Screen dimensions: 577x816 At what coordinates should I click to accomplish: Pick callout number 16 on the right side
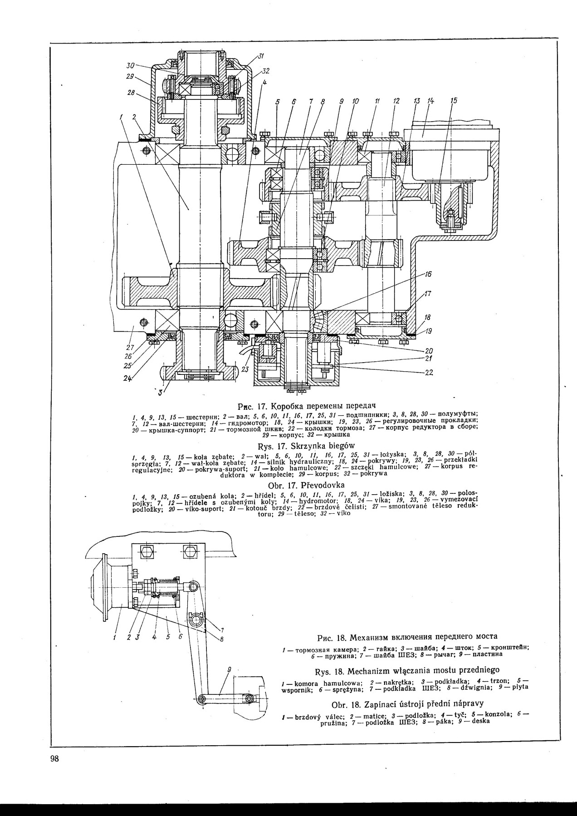pyautogui.click(x=428, y=274)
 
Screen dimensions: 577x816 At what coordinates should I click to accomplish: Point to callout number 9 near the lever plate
pyautogui.click(x=230, y=669)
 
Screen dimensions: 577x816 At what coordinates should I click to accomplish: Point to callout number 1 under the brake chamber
pyautogui.click(x=115, y=638)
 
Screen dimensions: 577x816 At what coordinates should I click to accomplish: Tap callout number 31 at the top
pyautogui.click(x=261, y=56)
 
